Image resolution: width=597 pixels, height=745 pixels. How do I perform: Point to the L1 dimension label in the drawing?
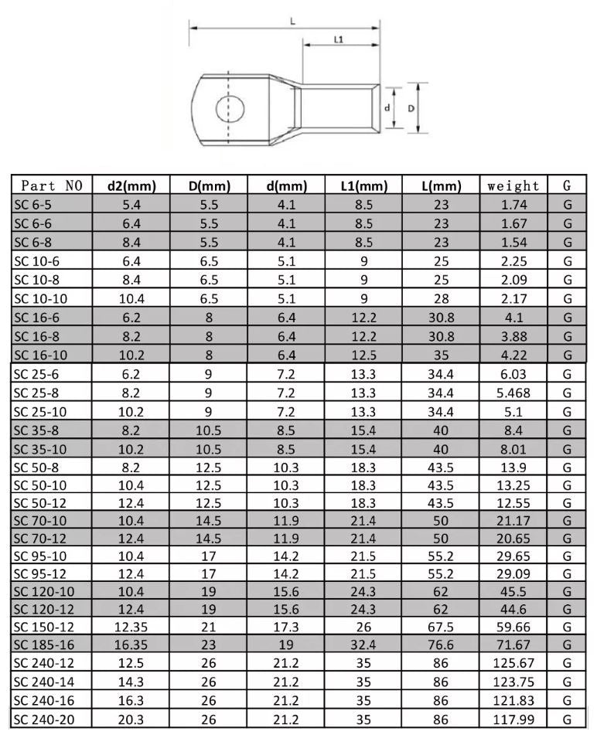coord(339,38)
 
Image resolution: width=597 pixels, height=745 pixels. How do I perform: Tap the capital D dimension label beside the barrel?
coord(411,108)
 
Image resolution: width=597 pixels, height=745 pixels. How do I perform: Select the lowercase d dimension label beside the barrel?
coord(387,108)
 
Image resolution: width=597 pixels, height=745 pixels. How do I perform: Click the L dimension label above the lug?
coord(292,22)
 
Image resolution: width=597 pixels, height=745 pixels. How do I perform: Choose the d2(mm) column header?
coord(131,185)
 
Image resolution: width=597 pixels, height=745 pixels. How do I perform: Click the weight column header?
coord(513,185)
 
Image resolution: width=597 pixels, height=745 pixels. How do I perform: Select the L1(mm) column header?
coord(363,185)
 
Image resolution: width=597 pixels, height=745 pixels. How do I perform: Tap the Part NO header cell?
coord(52,185)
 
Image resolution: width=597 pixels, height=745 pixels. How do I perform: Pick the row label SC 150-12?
coord(44,625)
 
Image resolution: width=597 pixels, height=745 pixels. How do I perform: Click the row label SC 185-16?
coord(44,644)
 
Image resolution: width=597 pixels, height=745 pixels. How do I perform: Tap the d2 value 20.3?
coord(131,719)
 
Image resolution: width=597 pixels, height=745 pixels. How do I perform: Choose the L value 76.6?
coord(441,644)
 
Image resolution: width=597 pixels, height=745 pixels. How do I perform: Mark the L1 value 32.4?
coord(363,644)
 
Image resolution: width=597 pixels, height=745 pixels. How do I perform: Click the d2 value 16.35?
coord(131,644)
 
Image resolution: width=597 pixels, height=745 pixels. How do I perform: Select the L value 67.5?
coord(441,625)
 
